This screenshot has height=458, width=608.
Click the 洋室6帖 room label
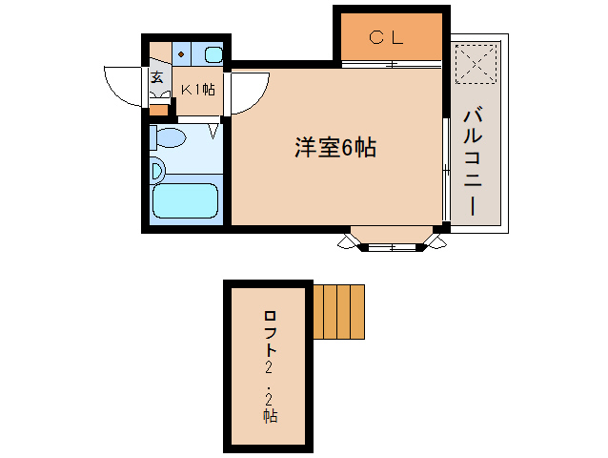[x=334, y=148]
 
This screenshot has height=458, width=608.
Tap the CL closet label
[x=387, y=38]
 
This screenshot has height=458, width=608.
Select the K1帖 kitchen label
[x=197, y=90]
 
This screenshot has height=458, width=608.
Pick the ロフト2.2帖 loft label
[x=269, y=366]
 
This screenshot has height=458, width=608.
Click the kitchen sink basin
[x=213, y=54]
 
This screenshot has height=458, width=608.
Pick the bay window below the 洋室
[x=393, y=241]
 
